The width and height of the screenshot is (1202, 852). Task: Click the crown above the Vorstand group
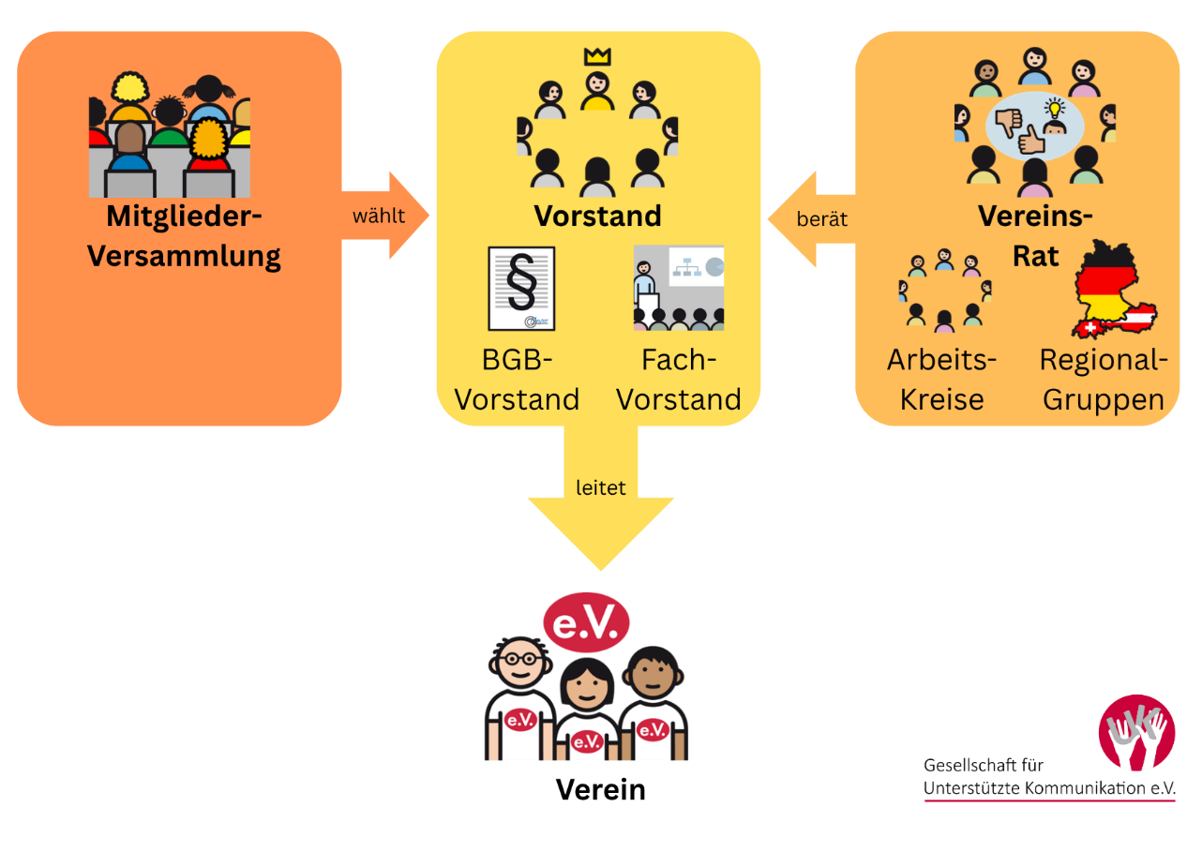[596, 56]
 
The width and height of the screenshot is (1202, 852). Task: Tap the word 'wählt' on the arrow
[379, 217]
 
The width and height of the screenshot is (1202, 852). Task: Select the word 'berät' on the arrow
[821, 219]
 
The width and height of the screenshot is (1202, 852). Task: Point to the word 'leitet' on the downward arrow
[600, 487]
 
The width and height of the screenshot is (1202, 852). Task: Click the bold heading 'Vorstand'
[597, 216]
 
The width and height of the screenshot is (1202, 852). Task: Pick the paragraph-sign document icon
[521, 289]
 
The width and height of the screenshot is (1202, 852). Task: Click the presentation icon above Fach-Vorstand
[678, 288]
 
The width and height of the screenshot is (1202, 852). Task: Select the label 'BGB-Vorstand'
[517, 380]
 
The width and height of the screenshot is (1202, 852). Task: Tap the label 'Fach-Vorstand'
[678, 380]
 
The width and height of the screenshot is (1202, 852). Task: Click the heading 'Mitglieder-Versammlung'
[184, 235]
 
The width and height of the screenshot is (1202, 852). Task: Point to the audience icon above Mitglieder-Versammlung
[170, 135]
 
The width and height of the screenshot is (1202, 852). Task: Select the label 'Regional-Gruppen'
[1104, 380]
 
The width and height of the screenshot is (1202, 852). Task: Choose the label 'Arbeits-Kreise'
[941, 380]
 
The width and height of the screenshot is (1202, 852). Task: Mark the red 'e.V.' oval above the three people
[587, 622]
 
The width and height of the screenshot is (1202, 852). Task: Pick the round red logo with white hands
[1136, 733]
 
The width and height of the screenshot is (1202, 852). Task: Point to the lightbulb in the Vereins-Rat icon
[1056, 108]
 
